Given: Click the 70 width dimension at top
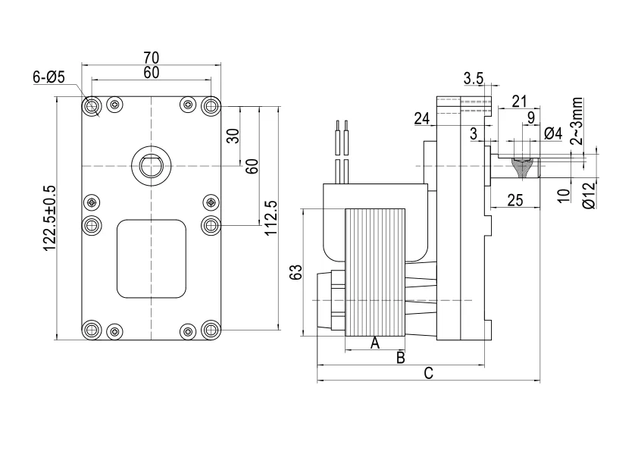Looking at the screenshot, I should pos(151,56).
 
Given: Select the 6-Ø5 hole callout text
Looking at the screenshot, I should pos(49,77).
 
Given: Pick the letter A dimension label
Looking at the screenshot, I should pos(374,343).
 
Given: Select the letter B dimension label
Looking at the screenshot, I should pos(401,357).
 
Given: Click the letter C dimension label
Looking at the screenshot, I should pos(428,373).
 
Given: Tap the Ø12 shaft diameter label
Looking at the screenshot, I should pos(589,196).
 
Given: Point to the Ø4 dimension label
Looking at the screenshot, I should pos(553,133).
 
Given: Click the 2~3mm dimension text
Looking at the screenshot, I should pos(577,120).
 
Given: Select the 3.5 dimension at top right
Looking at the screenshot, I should pos(474,78).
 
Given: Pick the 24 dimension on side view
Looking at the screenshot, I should pos(422,118).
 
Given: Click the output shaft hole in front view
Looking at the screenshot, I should pos(151,164).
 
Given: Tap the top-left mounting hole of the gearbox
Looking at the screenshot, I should pos(92,105).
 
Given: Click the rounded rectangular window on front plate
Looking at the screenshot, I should pos(151,258).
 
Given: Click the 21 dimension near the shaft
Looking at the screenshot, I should pos(519,101).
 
